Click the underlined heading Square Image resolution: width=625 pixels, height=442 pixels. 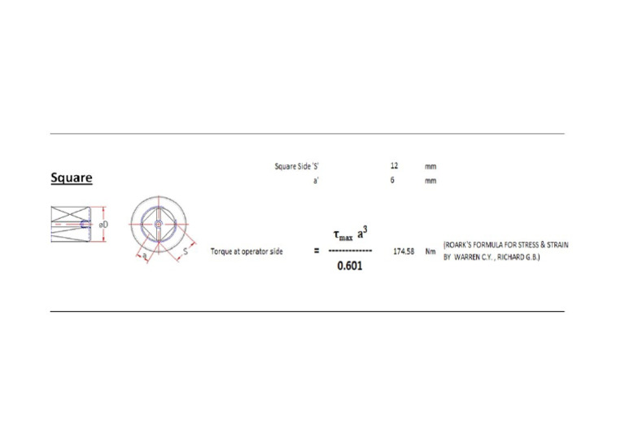72,177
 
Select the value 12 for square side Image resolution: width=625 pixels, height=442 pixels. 394,165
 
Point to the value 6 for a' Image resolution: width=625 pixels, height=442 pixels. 392,180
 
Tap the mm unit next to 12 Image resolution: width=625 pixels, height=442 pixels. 431,166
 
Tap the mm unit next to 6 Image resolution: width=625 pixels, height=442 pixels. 431,181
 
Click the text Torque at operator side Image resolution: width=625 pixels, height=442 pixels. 247,252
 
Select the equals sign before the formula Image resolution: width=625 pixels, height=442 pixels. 316,252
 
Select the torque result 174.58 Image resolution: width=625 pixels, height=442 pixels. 404,252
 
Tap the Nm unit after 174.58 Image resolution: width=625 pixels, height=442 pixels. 431,252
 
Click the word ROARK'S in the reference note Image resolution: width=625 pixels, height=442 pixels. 461,244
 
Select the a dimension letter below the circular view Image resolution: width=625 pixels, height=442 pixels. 145,256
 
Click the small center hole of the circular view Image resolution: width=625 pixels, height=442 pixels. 158,224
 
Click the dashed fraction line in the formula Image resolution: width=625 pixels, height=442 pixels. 350,252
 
